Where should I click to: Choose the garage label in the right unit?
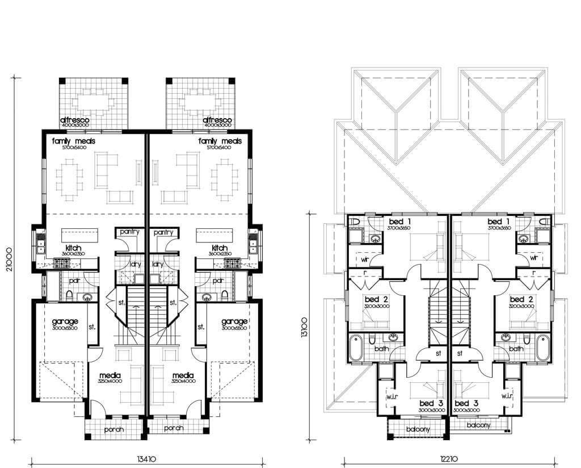[x=234, y=321]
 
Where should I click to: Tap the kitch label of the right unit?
[x=219, y=248]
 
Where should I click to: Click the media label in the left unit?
[x=110, y=375]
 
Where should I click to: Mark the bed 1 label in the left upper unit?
[x=400, y=221]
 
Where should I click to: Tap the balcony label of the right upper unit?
[x=478, y=425]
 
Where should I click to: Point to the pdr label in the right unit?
[x=217, y=281]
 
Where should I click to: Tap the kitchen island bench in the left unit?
[x=79, y=235]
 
